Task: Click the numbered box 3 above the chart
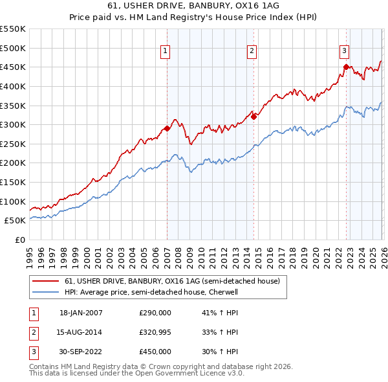point(345,50)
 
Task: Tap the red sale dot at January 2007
point(167,128)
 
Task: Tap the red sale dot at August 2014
point(253,117)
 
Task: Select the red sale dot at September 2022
point(346,67)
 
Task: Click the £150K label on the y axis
point(13,182)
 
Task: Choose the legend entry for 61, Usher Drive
point(172,282)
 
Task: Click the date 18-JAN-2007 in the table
point(81,313)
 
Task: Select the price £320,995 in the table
point(155,332)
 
